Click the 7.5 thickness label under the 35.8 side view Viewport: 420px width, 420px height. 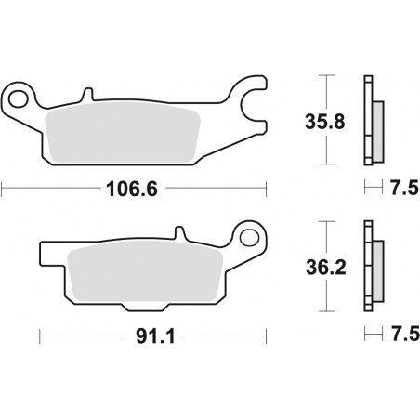(400, 189)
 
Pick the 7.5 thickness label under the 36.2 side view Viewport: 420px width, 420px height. (400, 334)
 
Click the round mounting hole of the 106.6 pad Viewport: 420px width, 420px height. (17, 95)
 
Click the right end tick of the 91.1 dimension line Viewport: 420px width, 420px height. (265, 334)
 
